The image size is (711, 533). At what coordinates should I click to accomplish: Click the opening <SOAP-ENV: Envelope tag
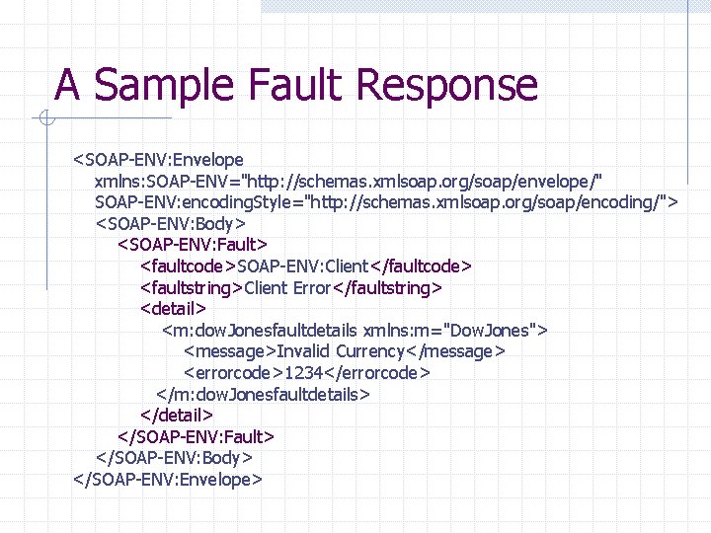point(158,159)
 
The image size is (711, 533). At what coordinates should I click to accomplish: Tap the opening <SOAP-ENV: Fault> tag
point(193,244)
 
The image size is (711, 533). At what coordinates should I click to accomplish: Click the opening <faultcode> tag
point(188,266)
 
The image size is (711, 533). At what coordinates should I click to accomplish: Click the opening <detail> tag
point(174,309)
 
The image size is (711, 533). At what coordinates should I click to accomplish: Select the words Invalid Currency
point(341,351)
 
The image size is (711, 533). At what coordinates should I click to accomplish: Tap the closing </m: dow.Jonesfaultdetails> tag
point(263,394)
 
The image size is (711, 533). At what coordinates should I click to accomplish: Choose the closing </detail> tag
point(177,416)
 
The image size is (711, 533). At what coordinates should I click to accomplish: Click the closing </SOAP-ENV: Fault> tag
point(196,436)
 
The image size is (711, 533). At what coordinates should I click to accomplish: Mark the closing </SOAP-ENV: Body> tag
point(174,458)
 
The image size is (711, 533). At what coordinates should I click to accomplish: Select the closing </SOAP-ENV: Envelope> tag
point(168,480)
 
